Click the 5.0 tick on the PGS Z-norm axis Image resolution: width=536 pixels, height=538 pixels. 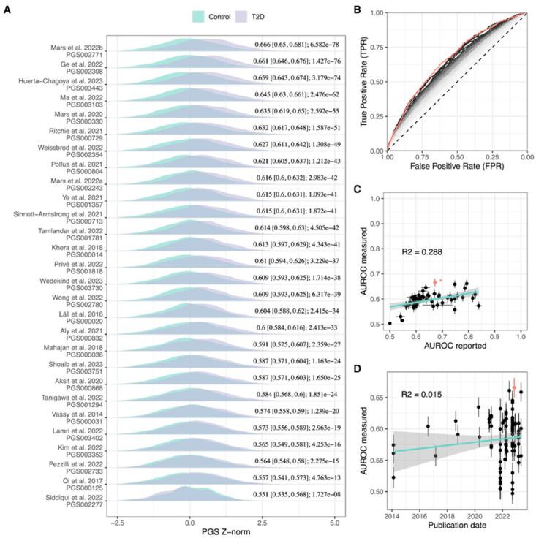334,518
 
